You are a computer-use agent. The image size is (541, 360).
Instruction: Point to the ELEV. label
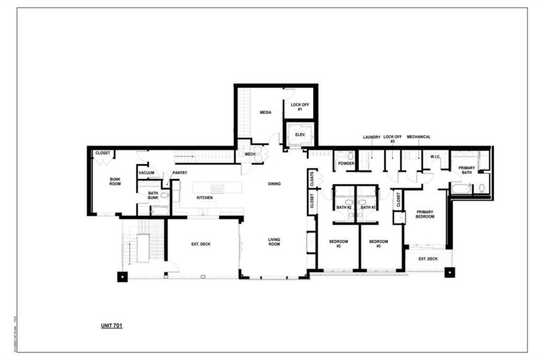tap(300, 135)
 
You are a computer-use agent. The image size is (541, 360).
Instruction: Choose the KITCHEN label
tap(205, 198)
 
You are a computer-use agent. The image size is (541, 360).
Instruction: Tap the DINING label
tap(275, 184)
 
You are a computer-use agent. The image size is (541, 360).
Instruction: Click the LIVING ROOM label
tap(275, 242)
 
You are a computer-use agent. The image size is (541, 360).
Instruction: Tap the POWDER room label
tap(346, 164)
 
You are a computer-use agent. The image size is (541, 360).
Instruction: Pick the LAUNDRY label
tap(372, 137)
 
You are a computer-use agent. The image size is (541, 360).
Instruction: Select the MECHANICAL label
tap(419, 137)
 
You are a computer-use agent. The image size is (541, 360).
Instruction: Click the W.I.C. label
tap(435, 157)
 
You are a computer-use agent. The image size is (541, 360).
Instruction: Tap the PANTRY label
tap(180, 173)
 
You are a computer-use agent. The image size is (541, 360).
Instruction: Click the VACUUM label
tap(146, 173)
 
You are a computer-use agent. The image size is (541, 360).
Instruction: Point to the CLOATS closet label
tap(312, 178)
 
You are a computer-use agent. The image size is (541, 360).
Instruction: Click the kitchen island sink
tap(219, 188)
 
